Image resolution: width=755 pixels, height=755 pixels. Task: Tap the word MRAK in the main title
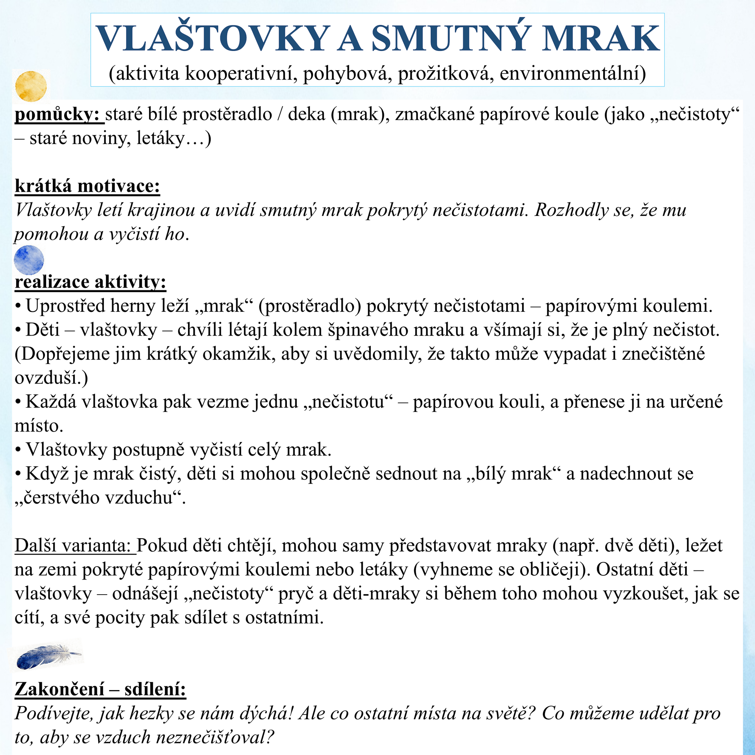601,38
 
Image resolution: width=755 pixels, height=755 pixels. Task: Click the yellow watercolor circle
31,86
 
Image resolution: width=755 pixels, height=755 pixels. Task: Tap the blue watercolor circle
29,260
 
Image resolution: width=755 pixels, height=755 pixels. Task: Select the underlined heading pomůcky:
59,114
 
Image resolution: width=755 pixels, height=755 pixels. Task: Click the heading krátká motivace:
87,186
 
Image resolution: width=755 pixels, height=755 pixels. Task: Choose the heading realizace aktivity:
90,282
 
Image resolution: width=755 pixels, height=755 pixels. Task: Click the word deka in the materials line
307,114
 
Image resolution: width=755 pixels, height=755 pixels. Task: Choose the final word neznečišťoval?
214,737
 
